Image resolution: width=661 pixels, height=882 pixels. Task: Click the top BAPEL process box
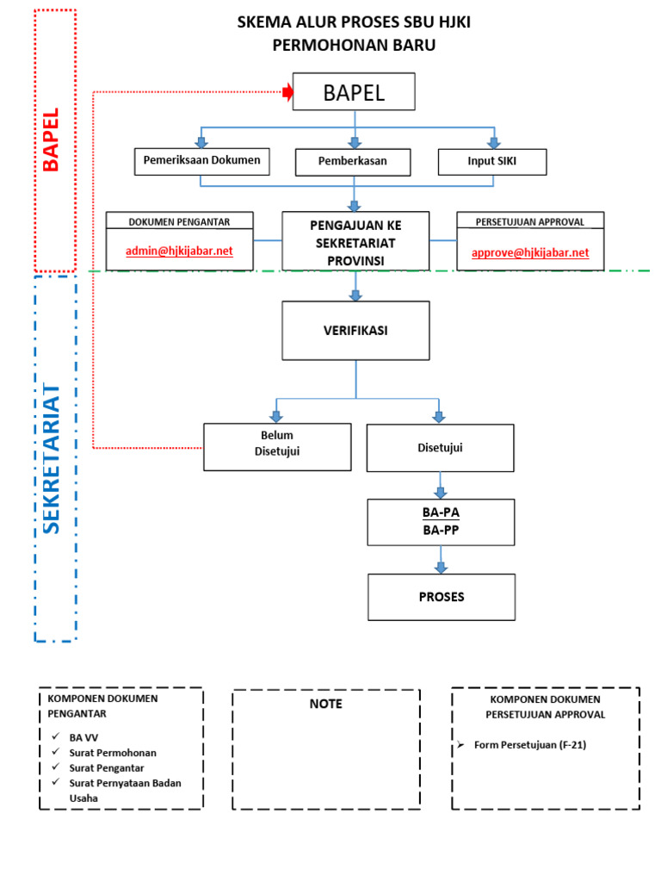(354, 92)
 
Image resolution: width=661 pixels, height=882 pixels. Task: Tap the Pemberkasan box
(353, 162)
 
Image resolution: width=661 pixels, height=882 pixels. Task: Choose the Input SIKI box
(493, 162)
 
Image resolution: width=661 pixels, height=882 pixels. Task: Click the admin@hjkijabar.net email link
(179, 252)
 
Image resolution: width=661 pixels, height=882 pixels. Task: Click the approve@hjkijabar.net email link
(530, 252)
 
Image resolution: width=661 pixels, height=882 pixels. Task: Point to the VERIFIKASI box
(355, 330)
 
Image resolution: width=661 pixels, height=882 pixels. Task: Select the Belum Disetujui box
(277, 446)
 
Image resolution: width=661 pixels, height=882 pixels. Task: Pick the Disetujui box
(440, 447)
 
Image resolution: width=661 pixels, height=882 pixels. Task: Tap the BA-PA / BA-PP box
(441, 522)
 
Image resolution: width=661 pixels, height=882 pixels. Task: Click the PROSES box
(441, 596)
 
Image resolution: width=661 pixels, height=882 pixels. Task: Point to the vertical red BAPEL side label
(53, 140)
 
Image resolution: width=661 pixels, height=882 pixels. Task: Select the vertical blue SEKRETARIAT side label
(53, 460)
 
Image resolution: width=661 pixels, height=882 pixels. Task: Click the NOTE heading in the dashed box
(326, 704)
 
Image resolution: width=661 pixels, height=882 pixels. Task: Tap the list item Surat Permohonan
(113, 752)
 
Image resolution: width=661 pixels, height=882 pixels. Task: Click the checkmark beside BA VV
(54, 737)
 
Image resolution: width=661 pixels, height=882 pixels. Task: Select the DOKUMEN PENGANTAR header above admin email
(179, 221)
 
